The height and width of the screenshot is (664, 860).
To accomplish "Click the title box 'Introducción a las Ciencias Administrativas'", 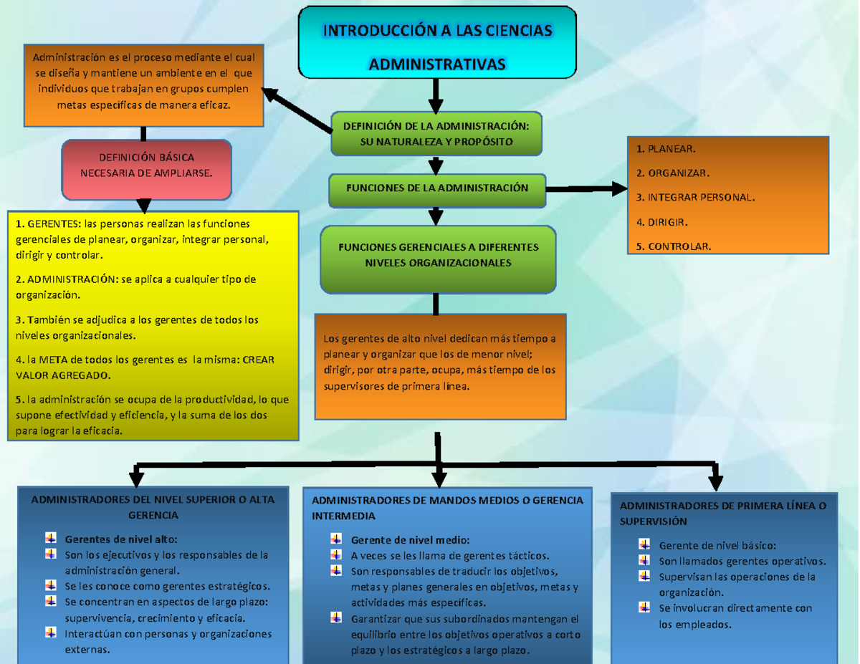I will point(437,42).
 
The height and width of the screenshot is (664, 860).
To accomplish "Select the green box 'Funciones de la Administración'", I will point(436,188).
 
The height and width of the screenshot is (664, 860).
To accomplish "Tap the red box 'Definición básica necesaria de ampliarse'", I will point(146,169).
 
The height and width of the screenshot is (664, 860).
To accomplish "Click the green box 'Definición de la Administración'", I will point(436,134).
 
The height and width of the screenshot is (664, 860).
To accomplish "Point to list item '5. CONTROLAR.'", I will point(674,246).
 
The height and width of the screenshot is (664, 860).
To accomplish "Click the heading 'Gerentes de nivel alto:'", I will point(120,539).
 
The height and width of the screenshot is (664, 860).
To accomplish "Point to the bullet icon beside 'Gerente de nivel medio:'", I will point(336,539).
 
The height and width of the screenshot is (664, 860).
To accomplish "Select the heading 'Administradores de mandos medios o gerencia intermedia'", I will point(447,507).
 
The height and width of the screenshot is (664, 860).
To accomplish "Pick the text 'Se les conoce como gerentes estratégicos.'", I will point(168,586).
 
